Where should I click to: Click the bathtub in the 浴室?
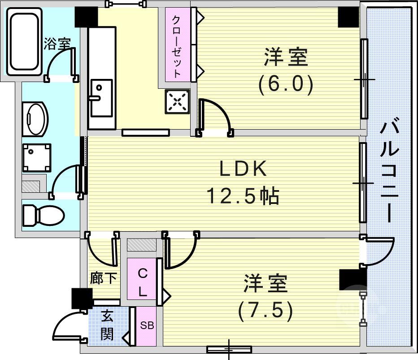click(24, 42)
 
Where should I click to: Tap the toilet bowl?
click(43, 215)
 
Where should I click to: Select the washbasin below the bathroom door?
click(35, 119)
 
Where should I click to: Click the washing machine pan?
click(37, 157)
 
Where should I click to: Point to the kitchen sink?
click(101, 98)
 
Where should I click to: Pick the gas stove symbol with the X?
click(177, 101)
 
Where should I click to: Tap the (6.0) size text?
click(286, 84)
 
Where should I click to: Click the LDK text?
click(243, 168)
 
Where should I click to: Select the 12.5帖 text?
click(243, 196)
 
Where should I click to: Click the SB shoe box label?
click(147, 325)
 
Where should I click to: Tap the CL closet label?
click(143, 283)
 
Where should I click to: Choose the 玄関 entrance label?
click(107, 325)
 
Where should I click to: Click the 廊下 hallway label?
click(104, 278)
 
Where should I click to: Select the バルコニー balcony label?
click(389, 172)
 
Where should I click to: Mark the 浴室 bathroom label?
click(57, 43)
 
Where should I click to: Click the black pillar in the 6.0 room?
click(348, 17)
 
